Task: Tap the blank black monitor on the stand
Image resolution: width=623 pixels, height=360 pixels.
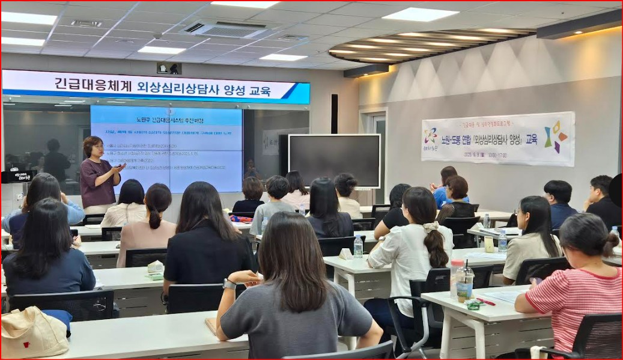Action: click(x=334, y=160)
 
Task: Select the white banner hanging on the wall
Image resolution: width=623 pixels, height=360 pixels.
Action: click(x=498, y=139)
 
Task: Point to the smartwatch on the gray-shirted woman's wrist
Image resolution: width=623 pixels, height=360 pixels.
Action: click(x=229, y=284)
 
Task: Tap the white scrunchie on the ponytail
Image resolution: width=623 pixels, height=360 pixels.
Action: click(x=431, y=227)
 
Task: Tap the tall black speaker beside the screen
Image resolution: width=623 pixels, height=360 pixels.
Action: click(x=334, y=114)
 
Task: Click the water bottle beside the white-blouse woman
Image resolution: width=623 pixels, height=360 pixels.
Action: click(x=358, y=246)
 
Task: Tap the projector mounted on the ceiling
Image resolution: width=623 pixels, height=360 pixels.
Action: click(x=169, y=68)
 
